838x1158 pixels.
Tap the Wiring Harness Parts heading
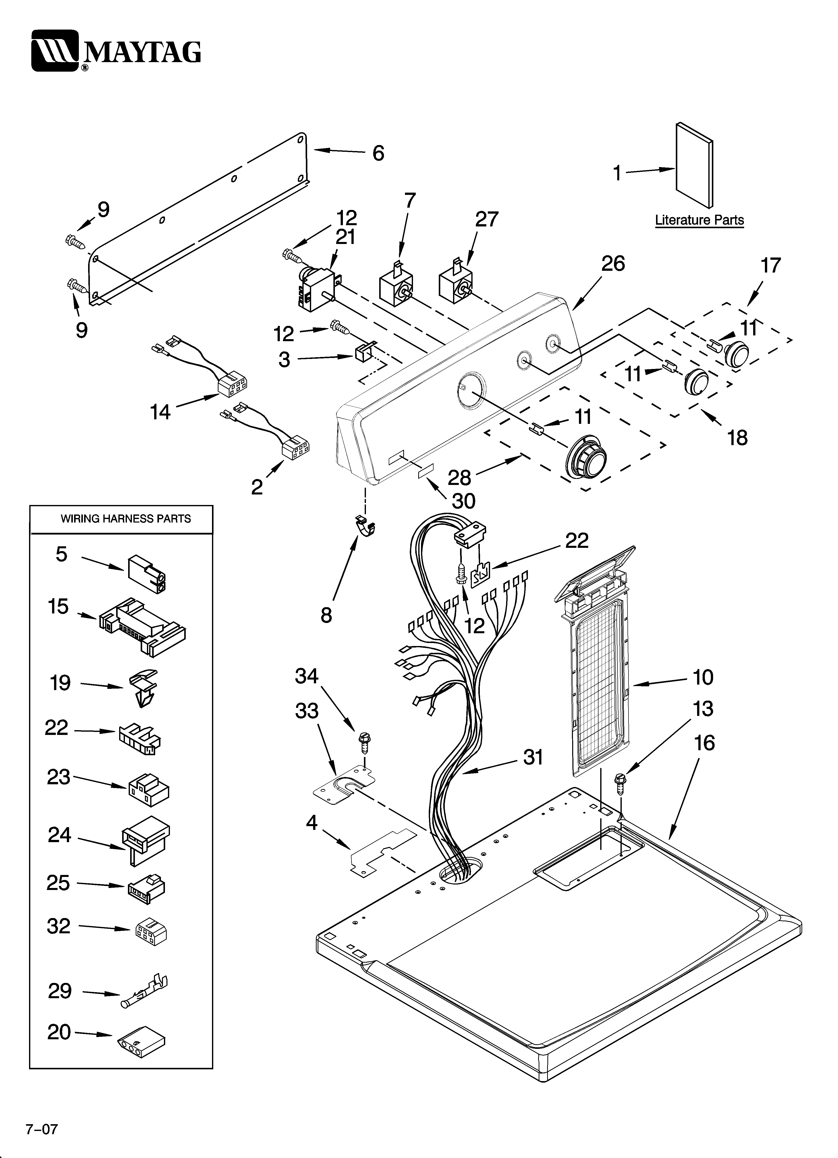coord(126,519)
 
